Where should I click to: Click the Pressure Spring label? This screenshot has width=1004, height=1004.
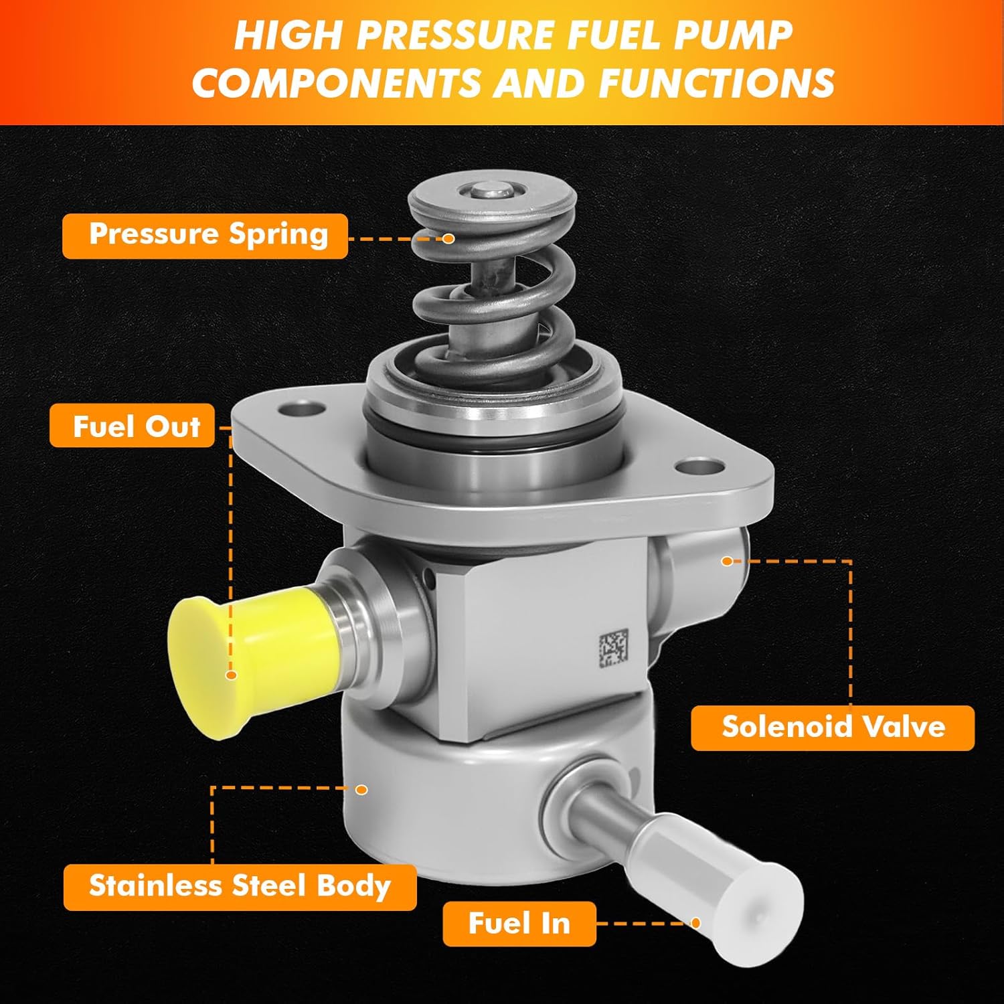pyautogui.click(x=205, y=236)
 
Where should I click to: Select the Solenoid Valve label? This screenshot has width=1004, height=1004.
pyautogui.click(x=833, y=728)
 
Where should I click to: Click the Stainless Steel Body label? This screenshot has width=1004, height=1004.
pyautogui.click(x=240, y=886)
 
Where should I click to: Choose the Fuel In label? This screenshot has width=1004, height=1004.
pyautogui.click(x=519, y=924)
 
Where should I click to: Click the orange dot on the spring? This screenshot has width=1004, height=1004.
pyautogui.click(x=449, y=238)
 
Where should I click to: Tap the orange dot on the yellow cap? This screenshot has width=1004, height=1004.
pyautogui.click(x=232, y=675)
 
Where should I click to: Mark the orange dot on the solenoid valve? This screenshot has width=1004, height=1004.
pyautogui.click(x=728, y=560)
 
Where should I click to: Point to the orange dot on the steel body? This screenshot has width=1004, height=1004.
pyautogui.click(x=361, y=790)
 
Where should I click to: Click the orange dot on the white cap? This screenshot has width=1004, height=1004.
pyautogui.click(x=696, y=924)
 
